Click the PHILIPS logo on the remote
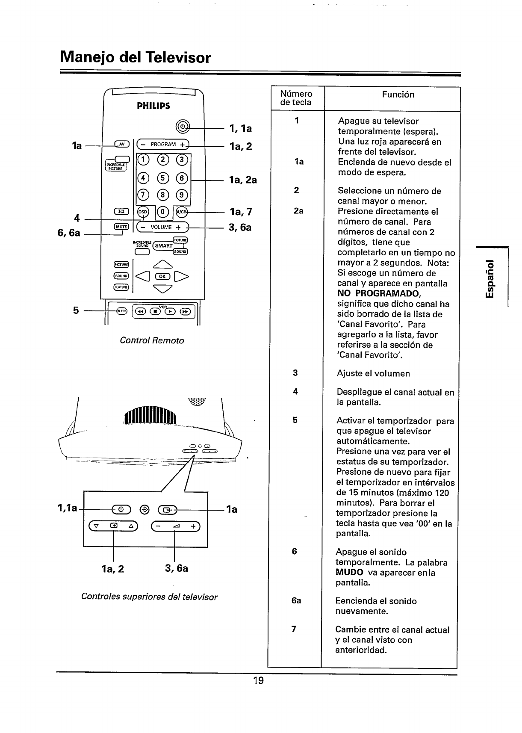click(x=153, y=106)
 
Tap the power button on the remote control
click(x=183, y=127)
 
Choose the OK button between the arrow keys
click(x=162, y=276)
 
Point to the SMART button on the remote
click(x=163, y=245)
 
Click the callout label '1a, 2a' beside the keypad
click(x=243, y=180)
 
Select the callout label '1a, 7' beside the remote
click(x=240, y=212)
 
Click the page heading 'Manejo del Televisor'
click(x=136, y=57)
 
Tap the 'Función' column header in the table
click(x=398, y=95)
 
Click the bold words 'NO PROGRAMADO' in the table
click(x=379, y=294)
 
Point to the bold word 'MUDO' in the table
click(x=349, y=572)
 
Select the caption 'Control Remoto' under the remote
click(x=152, y=340)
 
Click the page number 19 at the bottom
click(x=258, y=680)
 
